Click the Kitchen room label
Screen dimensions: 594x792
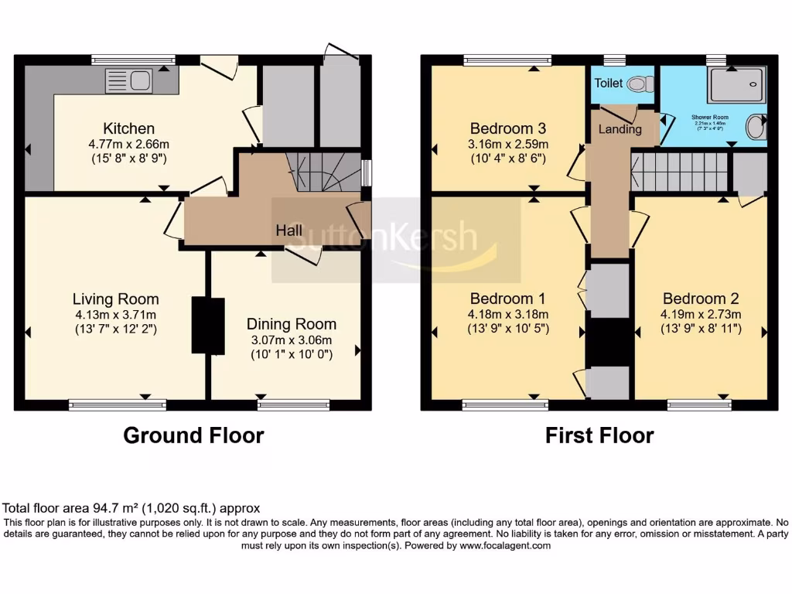click(129, 128)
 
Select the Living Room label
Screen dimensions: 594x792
click(116, 299)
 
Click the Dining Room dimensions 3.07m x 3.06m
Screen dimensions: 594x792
click(292, 340)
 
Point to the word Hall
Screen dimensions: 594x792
click(289, 230)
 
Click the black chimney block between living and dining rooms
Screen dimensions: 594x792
click(207, 326)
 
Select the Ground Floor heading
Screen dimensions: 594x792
click(193, 435)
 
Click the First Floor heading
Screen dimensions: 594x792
click(599, 435)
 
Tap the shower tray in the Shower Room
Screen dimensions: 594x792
click(737, 84)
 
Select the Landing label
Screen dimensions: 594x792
click(620, 129)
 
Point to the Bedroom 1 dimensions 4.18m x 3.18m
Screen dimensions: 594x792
click(508, 314)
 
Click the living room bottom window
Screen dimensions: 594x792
click(118, 404)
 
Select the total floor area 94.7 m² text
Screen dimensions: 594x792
click(131, 508)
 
